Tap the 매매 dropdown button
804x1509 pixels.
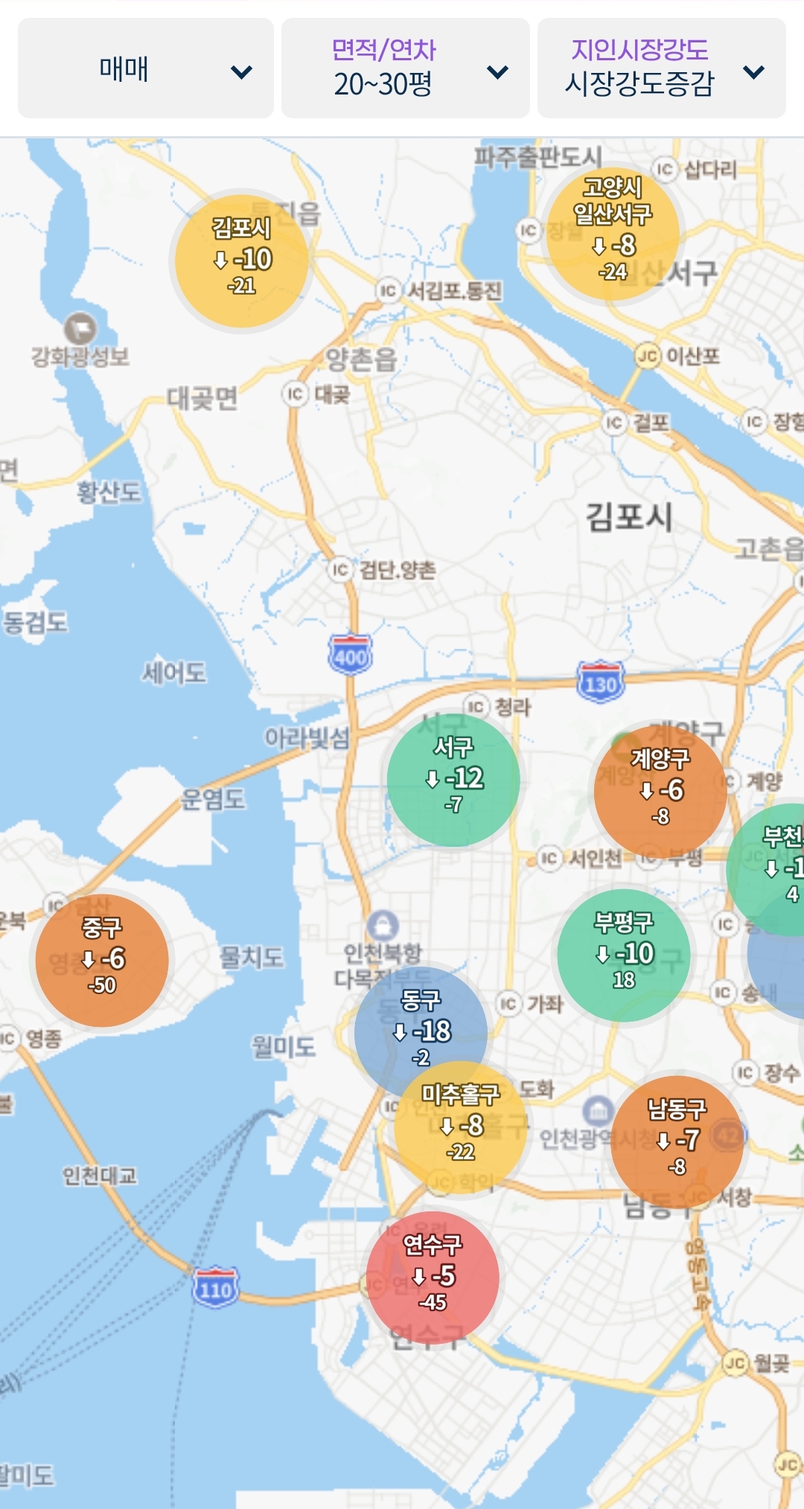pos(145,68)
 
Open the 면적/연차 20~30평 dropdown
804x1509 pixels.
pos(405,68)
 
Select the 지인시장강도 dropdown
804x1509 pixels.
pos(661,68)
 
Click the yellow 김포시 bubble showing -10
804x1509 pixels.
pos(241,260)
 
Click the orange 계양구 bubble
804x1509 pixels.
pos(660,789)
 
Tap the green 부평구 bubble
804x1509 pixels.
pos(624,955)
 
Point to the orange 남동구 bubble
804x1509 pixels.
pos(677,1141)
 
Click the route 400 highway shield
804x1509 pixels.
pos(350,655)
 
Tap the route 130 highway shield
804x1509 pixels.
pos(600,682)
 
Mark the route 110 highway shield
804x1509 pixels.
pos(215,1287)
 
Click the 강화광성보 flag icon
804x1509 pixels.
pos(80,328)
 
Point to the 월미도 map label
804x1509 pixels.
pos(283,1047)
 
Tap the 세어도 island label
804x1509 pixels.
pos(174,673)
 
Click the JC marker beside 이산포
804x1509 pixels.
pos(647,356)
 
